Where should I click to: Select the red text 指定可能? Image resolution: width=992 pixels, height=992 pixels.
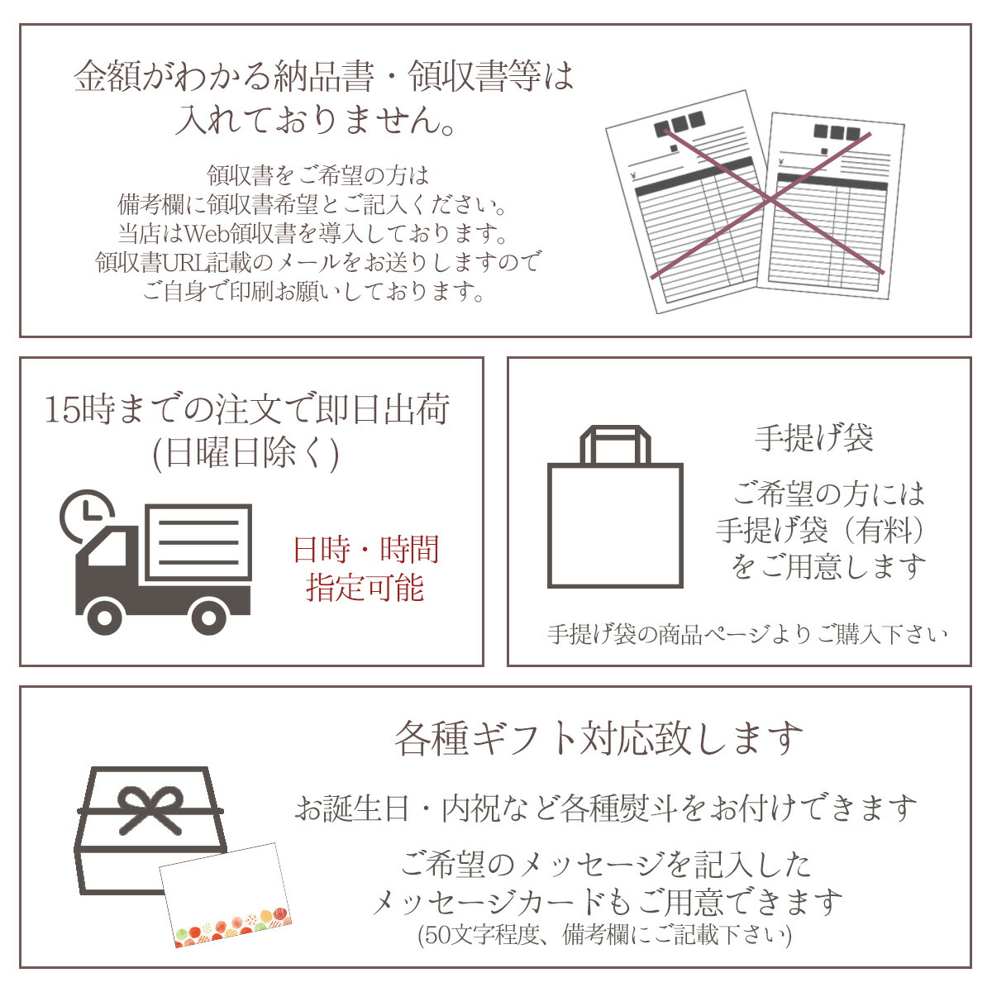365,588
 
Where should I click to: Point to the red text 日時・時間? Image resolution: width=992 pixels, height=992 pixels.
366,549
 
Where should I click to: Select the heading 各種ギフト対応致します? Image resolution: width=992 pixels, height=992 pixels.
599,737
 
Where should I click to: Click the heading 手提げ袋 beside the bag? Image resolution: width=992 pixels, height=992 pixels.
814,438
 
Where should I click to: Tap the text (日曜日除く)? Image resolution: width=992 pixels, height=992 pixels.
246,454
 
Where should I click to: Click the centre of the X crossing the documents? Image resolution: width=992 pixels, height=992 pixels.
769,201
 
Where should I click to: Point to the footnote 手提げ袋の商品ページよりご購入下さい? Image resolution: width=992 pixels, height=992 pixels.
747,634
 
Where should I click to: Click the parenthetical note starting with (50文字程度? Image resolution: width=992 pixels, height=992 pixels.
604,933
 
